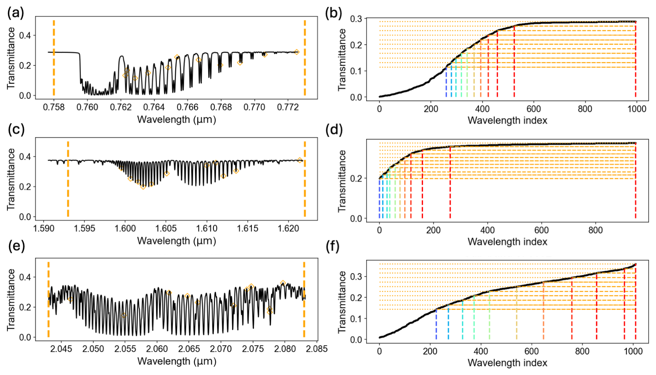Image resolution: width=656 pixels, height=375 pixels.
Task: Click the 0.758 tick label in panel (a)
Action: pyautogui.click(x=54, y=107)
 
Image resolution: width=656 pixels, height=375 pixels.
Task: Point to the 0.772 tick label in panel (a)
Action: pyautogui.click(x=288, y=107)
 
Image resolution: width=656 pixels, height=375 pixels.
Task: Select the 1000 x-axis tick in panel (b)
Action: pyautogui.click(x=636, y=109)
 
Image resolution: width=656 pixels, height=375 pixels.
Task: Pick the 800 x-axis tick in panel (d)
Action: pyautogui.click(x=595, y=230)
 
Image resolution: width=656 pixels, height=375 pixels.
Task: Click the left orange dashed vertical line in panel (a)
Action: pyautogui.click(x=54, y=59)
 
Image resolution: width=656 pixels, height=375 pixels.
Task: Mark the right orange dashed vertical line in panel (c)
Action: pyautogui.click(x=305, y=180)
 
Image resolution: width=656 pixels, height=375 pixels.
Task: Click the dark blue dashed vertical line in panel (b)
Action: pyautogui.click(x=446, y=83)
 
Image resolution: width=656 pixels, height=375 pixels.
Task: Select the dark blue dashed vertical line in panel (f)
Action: pyautogui.click(x=436, y=324)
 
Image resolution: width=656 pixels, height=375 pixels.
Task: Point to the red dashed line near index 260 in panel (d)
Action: pyautogui.click(x=450, y=184)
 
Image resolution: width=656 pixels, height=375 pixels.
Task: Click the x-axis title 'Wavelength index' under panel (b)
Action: pyautogui.click(x=507, y=121)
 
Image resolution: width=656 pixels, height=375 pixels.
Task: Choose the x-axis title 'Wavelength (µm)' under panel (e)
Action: pyautogui.click(x=176, y=361)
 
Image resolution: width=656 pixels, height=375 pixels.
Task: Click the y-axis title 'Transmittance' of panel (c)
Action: pyautogui.click(x=11, y=179)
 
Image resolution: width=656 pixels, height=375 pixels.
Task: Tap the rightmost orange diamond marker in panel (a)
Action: pyautogui.click(x=297, y=52)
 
